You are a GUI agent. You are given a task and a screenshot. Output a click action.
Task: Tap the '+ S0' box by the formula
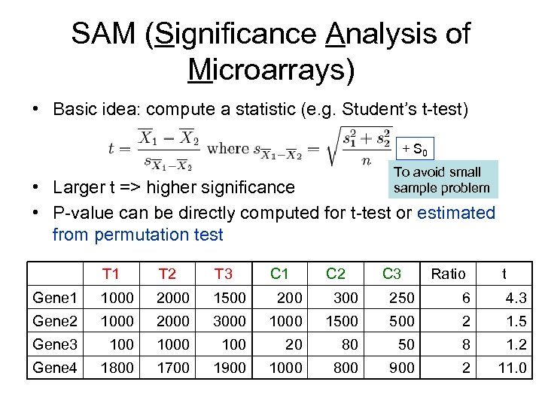coord(413,147)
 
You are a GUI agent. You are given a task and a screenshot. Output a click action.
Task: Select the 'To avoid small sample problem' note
coord(441,180)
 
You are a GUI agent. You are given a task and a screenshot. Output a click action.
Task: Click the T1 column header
coord(111,273)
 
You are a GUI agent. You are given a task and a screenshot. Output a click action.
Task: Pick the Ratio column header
coord(448,274)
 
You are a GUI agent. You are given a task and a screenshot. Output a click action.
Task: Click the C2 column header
coord(335,273)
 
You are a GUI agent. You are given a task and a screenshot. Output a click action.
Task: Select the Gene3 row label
coord(55,344)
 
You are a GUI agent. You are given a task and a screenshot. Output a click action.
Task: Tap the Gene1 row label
coord(55,298)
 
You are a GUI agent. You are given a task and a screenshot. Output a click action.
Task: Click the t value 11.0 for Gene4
coord(511,368)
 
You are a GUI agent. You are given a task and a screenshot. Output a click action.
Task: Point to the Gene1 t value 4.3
coord(516,298)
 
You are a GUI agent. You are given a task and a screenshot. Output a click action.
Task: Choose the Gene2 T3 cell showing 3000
coord(229,321)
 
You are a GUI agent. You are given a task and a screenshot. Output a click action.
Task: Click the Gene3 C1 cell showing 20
coord(294,344)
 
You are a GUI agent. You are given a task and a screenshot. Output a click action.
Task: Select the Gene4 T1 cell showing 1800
coord(117,368)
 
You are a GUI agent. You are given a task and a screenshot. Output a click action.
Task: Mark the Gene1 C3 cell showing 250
coord(400,298)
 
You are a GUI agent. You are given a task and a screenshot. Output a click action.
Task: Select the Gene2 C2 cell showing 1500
coord(341,321)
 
